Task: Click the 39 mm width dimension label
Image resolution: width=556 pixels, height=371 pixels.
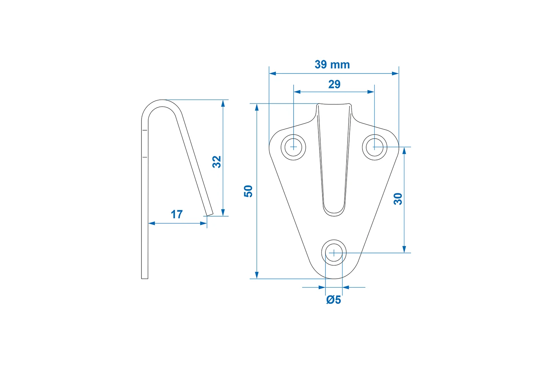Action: [x=332, y=65]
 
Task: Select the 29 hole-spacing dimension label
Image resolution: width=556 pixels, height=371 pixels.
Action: [x=334, y=85]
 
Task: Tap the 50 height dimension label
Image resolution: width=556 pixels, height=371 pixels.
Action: [x=248, y=191]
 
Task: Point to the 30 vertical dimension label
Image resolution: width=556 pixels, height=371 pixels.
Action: [x=398, y=199]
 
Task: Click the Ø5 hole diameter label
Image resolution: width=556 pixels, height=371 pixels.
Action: [x=334, y=300]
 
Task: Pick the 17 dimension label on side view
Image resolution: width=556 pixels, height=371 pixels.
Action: [x=177, y=214]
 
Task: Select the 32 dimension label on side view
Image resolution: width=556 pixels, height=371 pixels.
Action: [x=217, y=162]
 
